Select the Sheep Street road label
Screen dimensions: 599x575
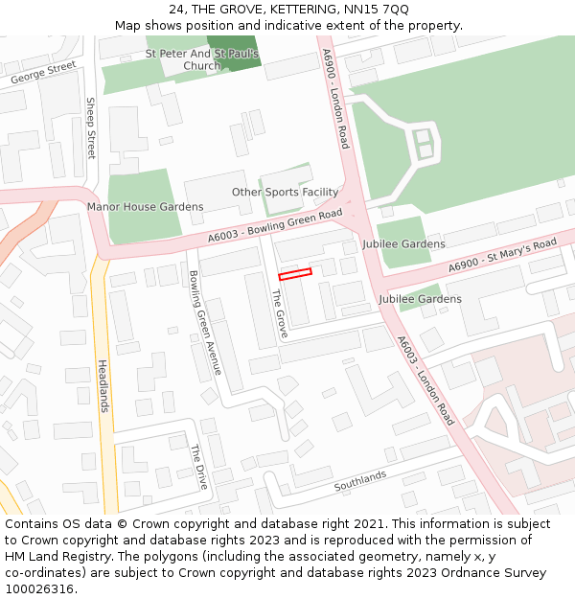(x=91, y=128)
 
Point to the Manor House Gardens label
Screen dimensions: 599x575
(x=145, y=207)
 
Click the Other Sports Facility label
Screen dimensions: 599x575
(x=285, y=193)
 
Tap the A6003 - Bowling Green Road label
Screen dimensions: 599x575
(x=275, y=226)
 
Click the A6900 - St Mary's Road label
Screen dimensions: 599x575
(x=503, y=255)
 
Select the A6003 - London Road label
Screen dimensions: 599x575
(x=425, y=380)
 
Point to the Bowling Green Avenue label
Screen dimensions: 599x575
(x=206, y=323)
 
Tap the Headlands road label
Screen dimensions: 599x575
(x=103, y=386)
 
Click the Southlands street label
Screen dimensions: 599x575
(x=359, y=481)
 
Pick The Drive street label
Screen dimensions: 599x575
(x=198, y=467)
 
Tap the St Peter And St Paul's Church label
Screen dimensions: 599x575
(x=202, y=59)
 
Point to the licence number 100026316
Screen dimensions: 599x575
(x=39, y=589)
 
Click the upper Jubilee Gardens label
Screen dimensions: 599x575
(x=403, y=244)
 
